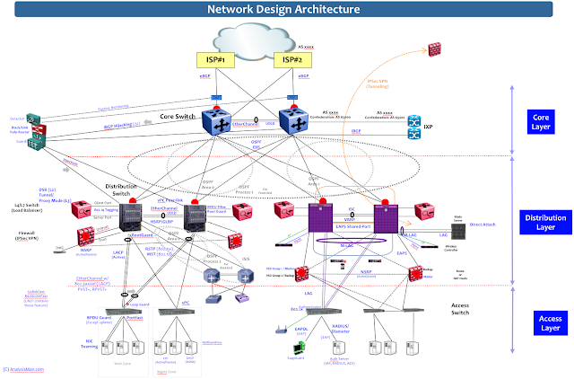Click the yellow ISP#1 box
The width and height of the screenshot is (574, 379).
[215, 60]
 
